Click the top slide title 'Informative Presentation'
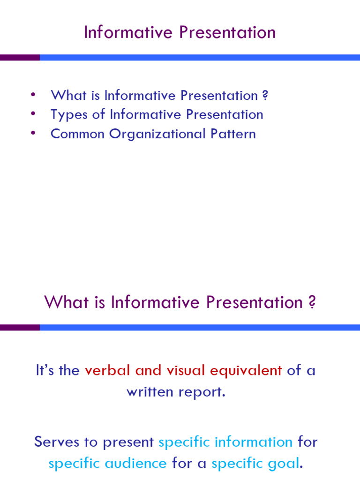[180, 33]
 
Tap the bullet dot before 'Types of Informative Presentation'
[33, 114]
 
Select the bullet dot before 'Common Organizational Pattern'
[33, 133]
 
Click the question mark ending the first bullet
[265, 96]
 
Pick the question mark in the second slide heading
[312, 302]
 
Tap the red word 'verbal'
[108, 371]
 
